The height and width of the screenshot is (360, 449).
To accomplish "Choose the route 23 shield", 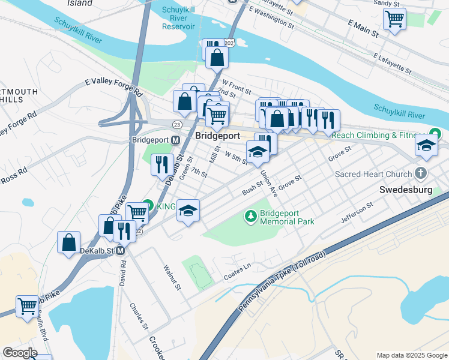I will tap(176, 124).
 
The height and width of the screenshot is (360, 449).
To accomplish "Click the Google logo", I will tap(20, 353).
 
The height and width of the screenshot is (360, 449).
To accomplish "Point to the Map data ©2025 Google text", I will tap(411, 355).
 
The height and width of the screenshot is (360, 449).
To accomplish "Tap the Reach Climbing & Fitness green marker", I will tap(436, 135).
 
